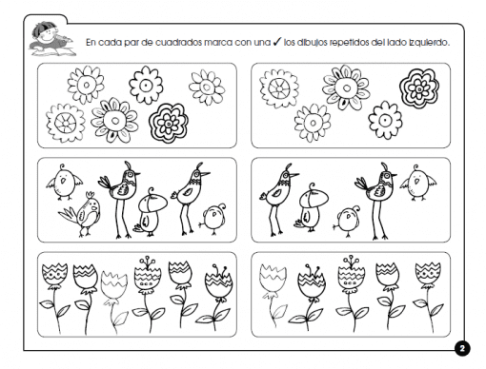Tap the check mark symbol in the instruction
(277, 41)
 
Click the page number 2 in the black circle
(462, 348)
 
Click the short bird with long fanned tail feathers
(81, 214)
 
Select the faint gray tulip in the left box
(113, 301)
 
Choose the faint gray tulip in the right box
(273, 295)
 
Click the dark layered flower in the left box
(169, 122)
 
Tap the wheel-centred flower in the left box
(66, 123)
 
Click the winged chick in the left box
(64, 182)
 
